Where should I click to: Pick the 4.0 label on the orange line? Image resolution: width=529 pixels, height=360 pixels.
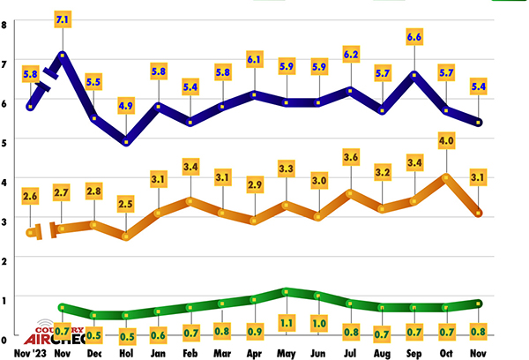point(446,140)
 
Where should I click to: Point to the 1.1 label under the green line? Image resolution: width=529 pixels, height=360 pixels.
point(286,323)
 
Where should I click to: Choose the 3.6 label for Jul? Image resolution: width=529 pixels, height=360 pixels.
point(350,157)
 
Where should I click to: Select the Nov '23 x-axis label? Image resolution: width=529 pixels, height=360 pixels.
point(31,352)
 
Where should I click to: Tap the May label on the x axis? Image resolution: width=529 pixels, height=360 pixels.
point(286,352)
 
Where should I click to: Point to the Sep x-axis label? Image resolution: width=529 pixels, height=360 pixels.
point(414,352)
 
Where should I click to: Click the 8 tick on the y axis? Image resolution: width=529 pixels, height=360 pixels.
point(4,24)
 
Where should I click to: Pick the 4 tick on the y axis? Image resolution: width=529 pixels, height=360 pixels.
point(4,180)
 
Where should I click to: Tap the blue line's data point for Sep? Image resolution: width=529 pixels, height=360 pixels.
point(414,74)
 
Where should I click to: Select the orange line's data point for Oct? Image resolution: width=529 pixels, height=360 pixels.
point(446,177)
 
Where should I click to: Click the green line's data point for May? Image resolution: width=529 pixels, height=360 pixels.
point(286,291)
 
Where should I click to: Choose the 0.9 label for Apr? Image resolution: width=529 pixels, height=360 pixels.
point(254,331)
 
